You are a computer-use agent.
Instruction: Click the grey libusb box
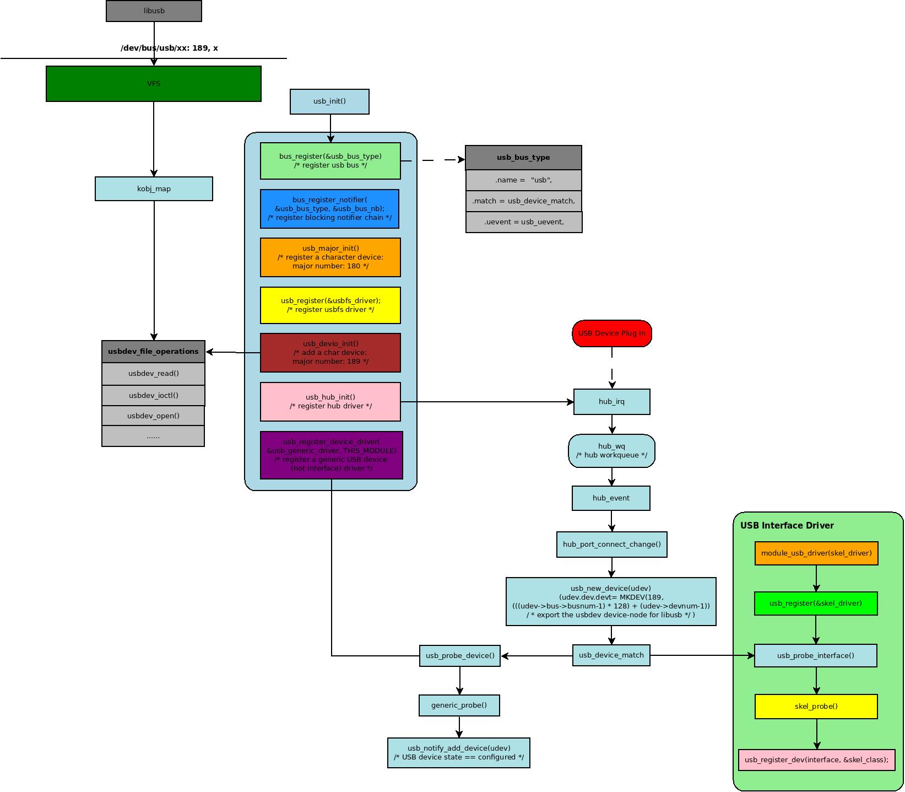coord(154,11)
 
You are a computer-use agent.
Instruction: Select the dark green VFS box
coord(154,84)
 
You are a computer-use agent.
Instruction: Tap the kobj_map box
coord(154,189)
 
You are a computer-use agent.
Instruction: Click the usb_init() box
coord(329,101)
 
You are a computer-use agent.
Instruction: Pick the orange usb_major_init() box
coord(330,257)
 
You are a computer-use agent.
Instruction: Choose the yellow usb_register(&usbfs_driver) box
coord(330,305)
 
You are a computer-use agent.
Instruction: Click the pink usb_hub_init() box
coord(330,402)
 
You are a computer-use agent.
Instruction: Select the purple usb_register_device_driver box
coord(331,455)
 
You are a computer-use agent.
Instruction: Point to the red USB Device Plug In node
coord(611,333)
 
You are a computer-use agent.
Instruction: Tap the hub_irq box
coord(611,402)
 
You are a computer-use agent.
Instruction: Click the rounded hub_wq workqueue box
coord(611,451)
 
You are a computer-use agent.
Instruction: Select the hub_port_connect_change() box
coord(611,545)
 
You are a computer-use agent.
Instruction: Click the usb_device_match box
coord(611,655)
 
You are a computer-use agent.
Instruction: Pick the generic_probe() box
coord(459,705)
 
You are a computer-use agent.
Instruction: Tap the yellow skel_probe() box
coord(816,707)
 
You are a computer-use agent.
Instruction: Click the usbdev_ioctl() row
coord(153,396)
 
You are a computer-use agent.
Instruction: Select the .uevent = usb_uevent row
coord(523,222)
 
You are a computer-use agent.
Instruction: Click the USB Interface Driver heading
coord(787,526)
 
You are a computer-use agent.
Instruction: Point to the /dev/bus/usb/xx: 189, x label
coord(169,48)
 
